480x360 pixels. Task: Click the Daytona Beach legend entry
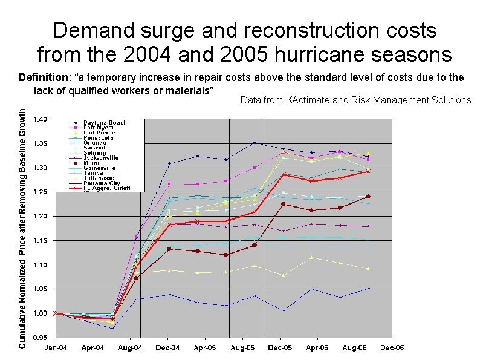tap(105, 123)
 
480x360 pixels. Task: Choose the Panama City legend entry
tap(102, 183)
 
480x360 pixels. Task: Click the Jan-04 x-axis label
tap(56, 347)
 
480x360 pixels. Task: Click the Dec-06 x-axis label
tap(392, 347)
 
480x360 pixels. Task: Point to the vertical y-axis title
tap(22, 228)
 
